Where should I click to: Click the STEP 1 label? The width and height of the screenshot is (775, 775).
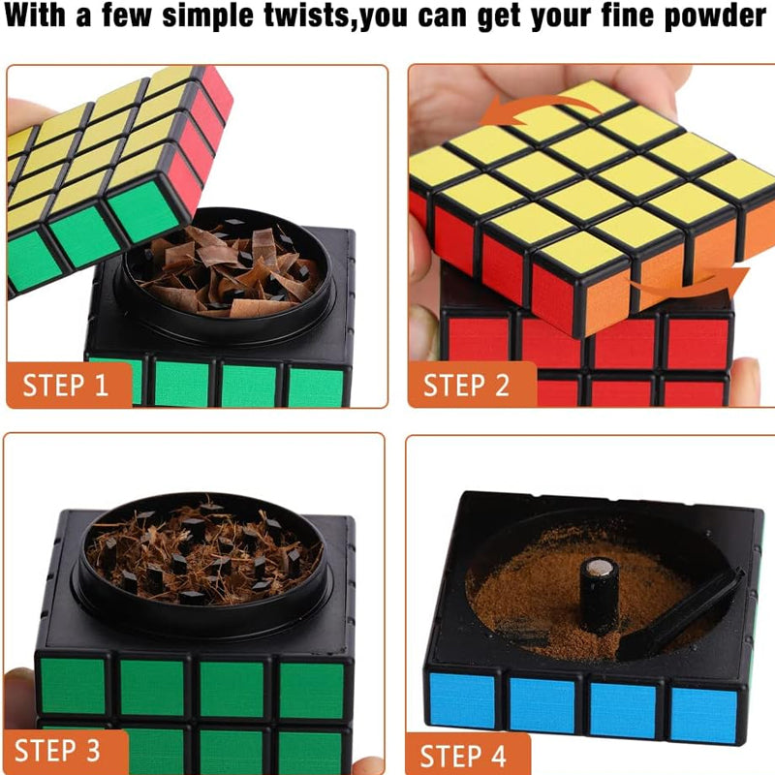coord(65,385)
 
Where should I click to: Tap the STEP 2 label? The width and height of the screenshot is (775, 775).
coord(466,385)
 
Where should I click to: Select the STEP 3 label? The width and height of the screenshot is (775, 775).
coord(57,750)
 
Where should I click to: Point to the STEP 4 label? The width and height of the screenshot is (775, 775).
coord(463,756)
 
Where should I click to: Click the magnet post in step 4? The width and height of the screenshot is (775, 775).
coord(599,596)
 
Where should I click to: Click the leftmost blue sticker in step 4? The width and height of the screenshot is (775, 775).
coord(462,700)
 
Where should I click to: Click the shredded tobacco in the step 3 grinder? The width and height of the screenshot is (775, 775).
coord(202,553)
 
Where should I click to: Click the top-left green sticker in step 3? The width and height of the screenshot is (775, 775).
coord(73,686)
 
